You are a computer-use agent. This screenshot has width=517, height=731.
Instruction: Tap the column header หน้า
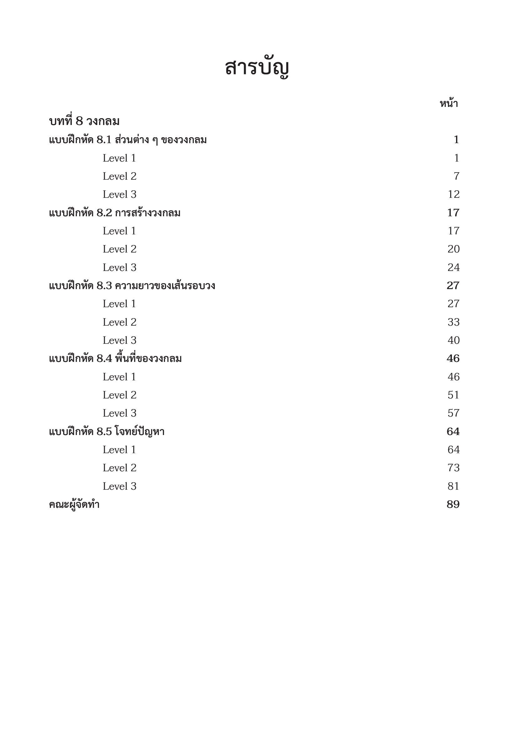point(449,103)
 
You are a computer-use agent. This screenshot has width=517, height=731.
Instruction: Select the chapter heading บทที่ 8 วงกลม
point(84,121)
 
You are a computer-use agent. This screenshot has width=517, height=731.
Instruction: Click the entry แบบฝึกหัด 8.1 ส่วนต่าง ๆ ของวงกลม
point(128,140)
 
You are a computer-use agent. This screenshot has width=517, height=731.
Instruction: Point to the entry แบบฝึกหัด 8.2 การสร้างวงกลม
point(115,213)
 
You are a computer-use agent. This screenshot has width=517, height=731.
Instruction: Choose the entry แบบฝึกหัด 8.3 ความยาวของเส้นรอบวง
point(132,286)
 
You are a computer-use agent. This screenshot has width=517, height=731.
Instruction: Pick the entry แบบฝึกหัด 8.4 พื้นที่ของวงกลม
point(115,359)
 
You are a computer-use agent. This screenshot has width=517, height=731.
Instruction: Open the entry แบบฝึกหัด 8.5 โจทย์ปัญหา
point(107,432)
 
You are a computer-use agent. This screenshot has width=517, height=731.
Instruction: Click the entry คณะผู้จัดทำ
point(74,505)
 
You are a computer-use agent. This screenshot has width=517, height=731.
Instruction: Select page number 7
point(456,176)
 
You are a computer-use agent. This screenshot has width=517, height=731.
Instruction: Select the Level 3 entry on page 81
point(119,487)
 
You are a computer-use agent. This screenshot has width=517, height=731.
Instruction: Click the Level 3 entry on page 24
point(119,268)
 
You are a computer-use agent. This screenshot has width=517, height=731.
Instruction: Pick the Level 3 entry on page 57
point(119,413)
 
